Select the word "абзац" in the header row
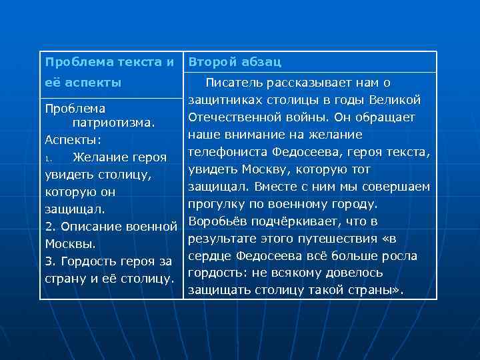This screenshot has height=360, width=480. (x=261, y=62)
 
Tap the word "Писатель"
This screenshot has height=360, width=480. (x=233, y=83)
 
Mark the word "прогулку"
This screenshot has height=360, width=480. (x=217, y=204)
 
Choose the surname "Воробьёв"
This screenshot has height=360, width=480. (x=218, y=221)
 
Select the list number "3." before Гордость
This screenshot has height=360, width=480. (x=50, y=261)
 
